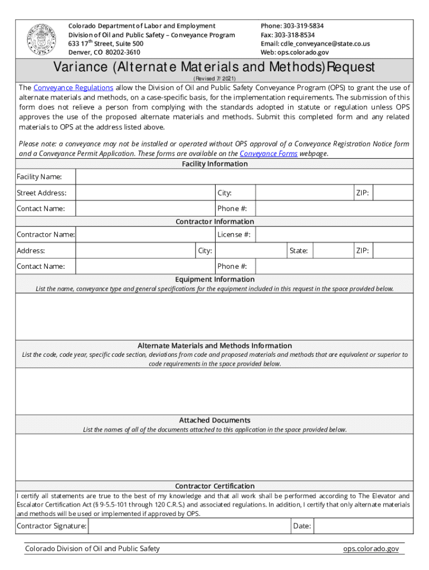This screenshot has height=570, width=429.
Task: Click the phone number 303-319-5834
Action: (x=303, y=26)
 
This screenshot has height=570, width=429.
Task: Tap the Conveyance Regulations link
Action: (x=74, y=88)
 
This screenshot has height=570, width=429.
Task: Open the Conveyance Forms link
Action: (x=269, y=154)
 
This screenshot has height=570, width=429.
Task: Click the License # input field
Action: (x=334, y=235)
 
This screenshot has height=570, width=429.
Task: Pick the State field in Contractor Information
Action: (x=331, y=251)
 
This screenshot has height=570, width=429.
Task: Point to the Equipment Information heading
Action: (x=214, y=279)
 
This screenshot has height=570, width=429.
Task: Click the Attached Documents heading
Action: (x=214, y=420)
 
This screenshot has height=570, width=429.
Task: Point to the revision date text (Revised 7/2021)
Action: (x=214, y=79)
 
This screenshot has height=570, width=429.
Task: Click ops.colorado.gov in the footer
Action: (x=370, y=549)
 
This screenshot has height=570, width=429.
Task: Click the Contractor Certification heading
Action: (x=214, y=486)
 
